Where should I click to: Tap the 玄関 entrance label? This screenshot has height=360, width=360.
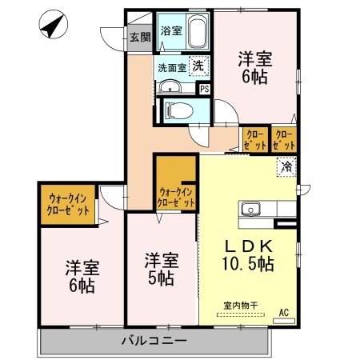click(x=140, y=37)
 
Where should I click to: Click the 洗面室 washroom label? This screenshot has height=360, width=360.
click(x=170, y=68)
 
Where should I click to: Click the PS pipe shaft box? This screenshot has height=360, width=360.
click(x=204, y=89)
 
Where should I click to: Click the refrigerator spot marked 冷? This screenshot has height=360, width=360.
click(x=286, y=168)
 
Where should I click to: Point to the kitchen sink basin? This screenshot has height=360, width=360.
click(x=250, y=210)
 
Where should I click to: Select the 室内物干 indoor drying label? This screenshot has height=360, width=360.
click(x=242, y=305)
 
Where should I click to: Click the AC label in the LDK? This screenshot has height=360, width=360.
click(x=283, y=313)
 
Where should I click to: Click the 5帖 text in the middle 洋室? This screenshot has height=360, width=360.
click(x=160, y=279)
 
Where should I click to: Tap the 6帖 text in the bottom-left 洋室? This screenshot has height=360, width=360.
click(x=80, y=285)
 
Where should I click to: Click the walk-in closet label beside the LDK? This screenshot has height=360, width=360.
click(x=177, y=197)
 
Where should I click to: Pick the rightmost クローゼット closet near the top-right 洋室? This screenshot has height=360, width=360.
click(x=284, y=140)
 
